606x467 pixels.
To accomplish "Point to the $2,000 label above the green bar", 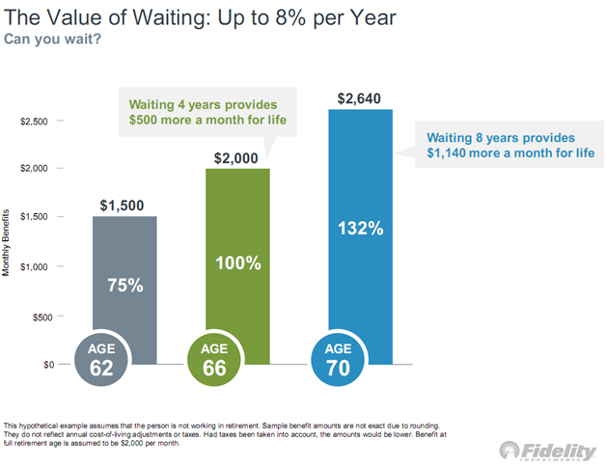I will click(237, 157).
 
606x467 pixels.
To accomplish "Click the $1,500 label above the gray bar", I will click(124, 206).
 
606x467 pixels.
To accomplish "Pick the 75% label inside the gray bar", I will click(124, 286).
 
